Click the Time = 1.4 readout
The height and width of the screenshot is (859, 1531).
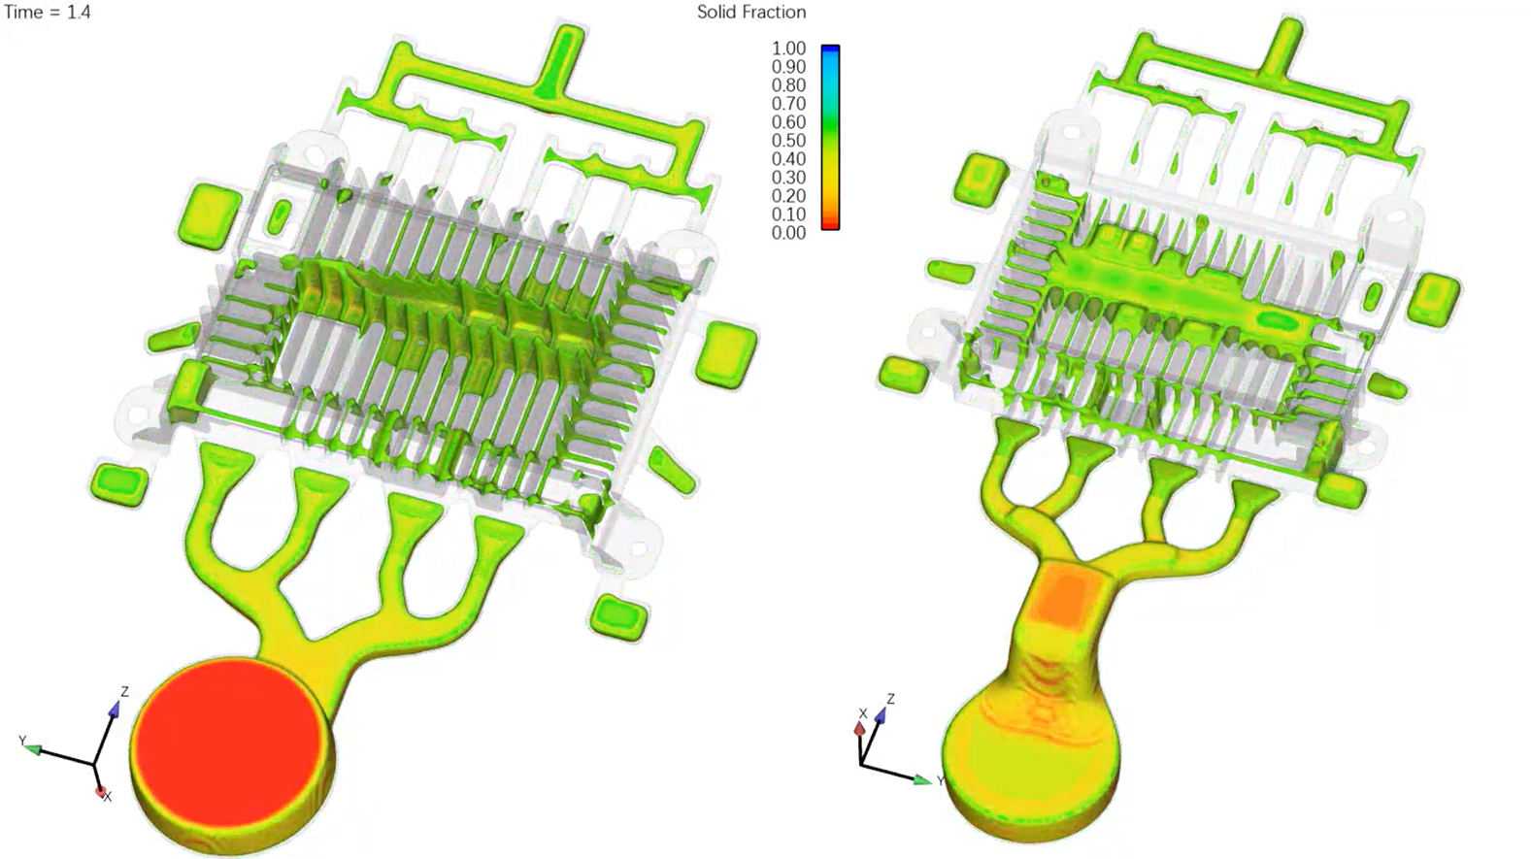coord(48,13)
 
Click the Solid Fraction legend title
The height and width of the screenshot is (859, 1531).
coord(751,13)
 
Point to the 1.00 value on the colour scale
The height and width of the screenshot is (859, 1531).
coord(788,49)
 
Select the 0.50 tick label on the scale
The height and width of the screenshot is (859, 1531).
coord(788,141)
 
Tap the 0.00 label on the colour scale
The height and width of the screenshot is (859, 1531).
coord(788,233)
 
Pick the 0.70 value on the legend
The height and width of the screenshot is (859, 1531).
coord(788,104)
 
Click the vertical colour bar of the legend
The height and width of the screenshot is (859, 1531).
coord(830,138)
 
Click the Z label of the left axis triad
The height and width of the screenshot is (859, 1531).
coord(124,692)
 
